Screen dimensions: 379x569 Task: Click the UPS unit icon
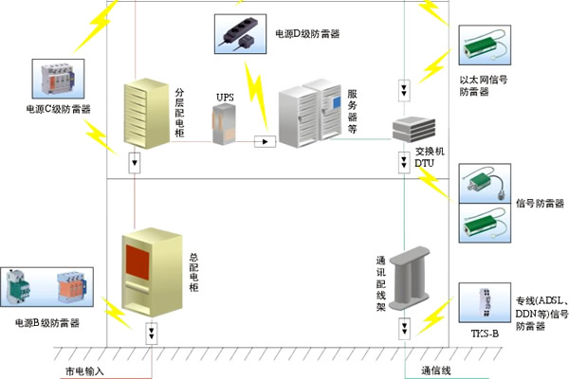(x=225, y=124)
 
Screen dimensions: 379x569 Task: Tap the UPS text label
(x=225, y=97)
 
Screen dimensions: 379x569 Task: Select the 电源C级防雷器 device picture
(x=59, y=79)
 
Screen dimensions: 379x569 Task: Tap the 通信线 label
(x=437, y=370)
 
